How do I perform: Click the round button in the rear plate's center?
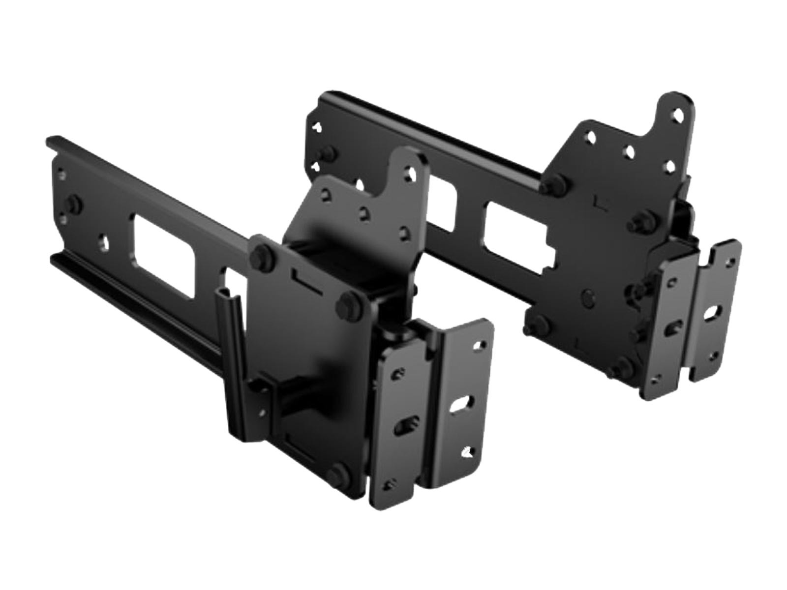pyautogui.click(x=587, y=296)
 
